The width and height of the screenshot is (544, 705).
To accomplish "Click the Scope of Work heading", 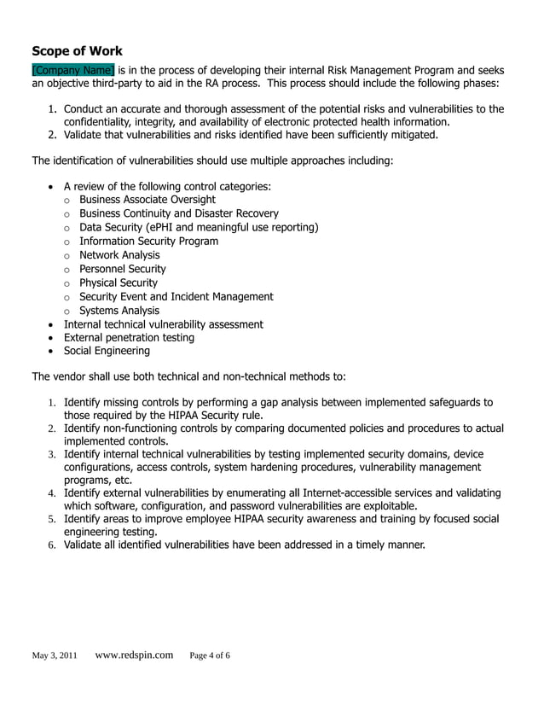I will tap(77, 50).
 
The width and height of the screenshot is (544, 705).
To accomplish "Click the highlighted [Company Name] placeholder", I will tap(72, 70).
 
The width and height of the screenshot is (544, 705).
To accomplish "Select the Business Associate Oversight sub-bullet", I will tap(148, 200).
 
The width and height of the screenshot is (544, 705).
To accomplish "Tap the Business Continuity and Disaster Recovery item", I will tap(179, 213).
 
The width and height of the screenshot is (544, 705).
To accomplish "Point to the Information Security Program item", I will tap(148, 241).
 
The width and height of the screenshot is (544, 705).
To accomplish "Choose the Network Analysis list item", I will tap(119, 255).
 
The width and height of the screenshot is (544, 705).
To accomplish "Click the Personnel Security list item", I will tap(123, 269).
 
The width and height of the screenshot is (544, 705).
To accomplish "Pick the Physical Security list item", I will tap(119, 283).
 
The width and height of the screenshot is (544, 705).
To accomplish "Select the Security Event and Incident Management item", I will tap(177, 296).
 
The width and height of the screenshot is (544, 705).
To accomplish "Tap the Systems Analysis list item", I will tap(119, 311).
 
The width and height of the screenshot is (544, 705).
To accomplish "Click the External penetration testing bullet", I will tap(129, 337).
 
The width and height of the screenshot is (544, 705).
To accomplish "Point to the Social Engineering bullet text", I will tap(107, 351).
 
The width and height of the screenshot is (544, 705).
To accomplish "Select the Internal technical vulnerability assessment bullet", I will tap(164, 324).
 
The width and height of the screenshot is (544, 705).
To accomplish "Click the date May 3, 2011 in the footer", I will tap(55, 656).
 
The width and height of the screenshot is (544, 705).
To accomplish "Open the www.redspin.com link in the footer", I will tap(134, 655).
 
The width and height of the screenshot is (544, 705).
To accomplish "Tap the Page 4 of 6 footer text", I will tap(210, 656).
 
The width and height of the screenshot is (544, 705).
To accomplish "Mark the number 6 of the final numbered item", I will tap(51, 545).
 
